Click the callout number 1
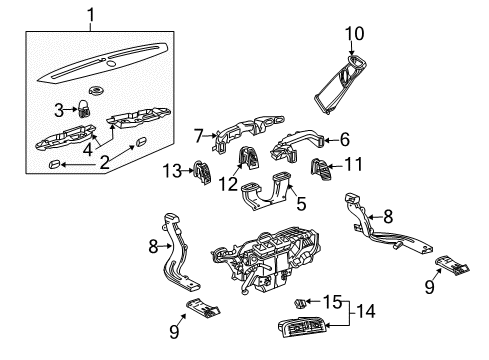click(92, 16)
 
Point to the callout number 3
click(59, 110)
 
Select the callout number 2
click(103, 162)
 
